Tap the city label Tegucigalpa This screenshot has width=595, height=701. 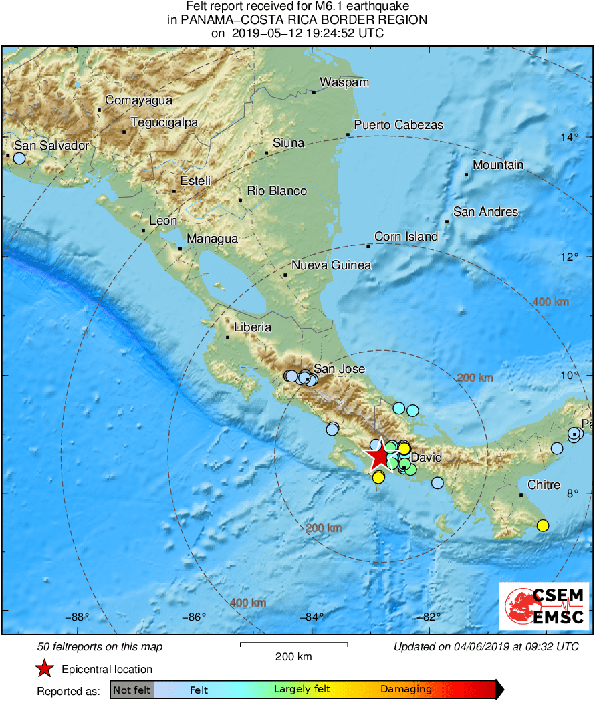coord(164,122)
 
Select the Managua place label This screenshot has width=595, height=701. coord(212,239)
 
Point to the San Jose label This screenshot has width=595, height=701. coord(340,369)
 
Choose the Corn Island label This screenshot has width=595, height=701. coord(406,237)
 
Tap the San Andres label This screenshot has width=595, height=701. coord(485,212)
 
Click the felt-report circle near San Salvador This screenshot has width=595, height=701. coord(19,158)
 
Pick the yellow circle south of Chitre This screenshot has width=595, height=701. coord(543,525)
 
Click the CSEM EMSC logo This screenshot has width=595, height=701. coord(544,605)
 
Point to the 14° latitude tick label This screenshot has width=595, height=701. coord(570,138)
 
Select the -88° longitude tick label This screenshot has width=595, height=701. coord(79,617)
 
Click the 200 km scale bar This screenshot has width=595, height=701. coord(293,644)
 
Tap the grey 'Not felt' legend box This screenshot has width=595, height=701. coord(132,690)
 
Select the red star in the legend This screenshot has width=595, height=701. coord(44,668)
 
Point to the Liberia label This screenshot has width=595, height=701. coord(253,327)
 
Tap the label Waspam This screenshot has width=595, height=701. coord(344,82)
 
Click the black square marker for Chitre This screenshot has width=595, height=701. coord(521,495)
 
